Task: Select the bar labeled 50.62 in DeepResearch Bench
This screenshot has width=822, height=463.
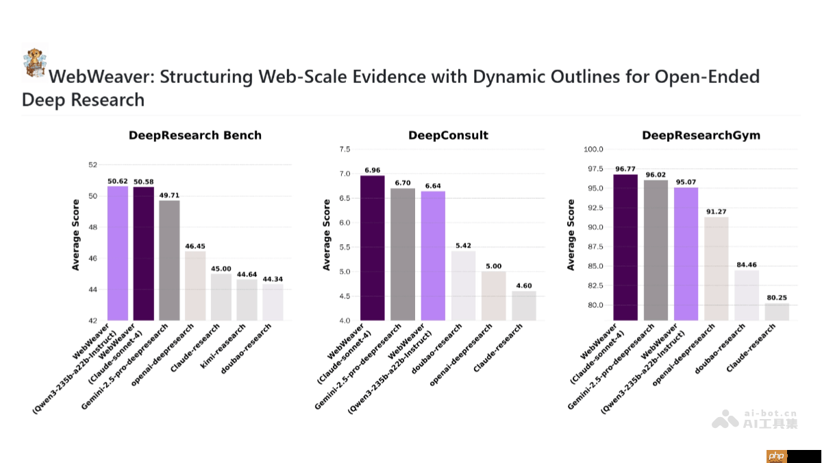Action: (x=118, y=253)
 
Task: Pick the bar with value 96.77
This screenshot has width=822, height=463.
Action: (x=625, y=247)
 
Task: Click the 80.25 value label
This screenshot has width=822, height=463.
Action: (x=777, y=298)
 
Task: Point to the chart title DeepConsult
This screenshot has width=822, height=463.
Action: (x=448, y=135)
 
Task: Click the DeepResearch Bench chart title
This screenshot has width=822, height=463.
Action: (x=195, y=135)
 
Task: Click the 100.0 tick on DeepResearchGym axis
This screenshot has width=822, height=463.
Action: (x=593, y=150)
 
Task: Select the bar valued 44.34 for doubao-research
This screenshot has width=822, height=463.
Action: (x=273, y=302)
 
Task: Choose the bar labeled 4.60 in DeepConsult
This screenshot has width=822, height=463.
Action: (x=523, y=305)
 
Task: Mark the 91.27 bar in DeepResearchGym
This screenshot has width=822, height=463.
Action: (x=716, y=268)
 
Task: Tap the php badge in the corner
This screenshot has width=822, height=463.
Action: (x=775, y=455)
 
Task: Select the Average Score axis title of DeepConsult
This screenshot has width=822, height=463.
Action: (x=327, y=235)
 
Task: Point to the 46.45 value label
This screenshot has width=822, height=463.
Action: (x=195, y=246)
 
